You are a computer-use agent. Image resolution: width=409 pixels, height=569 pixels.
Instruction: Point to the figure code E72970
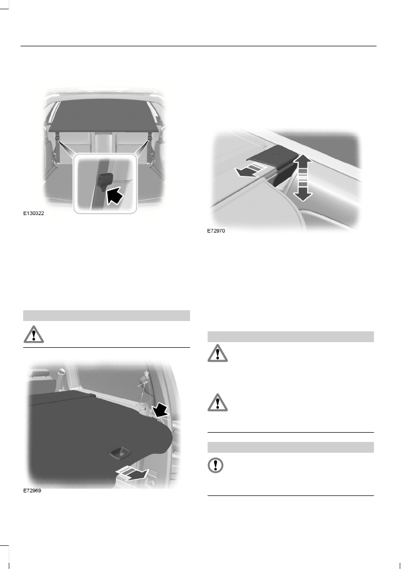click(216, 232)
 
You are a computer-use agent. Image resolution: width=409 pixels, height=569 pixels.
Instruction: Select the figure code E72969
click(32, 491)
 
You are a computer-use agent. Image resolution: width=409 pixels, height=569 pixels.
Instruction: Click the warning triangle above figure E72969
click(33, 335)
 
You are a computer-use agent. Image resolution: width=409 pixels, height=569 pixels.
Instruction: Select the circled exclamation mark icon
click(216, 466)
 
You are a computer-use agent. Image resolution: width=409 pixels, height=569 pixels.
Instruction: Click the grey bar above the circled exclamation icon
click(290, 447)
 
